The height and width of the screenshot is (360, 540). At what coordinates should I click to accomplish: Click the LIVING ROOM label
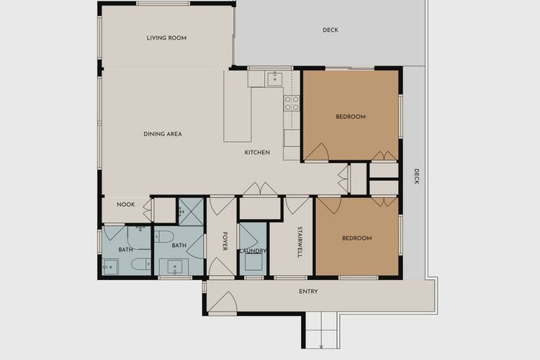pyautogui.click(x=166, y=38)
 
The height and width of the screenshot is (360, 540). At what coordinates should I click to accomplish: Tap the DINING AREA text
pyautogui.click(x=162, y=134)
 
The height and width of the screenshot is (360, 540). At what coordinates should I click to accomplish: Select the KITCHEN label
pyautogui.click(x=257, y=153)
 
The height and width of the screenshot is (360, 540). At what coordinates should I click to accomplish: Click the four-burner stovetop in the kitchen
pyautogui.click(x=292, y=103)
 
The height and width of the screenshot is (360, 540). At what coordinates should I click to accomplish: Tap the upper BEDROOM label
pyautogui.click(x=351, y=117)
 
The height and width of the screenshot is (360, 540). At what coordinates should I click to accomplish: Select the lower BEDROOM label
pyautogui.click(x=356, y=238)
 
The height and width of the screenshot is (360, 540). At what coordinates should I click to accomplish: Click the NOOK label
pyautogui.click(x=126, y=204)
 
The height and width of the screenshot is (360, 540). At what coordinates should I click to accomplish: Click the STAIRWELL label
pyautogui.click(x=299, y=243)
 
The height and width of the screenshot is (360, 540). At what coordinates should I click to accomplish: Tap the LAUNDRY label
pyautogui.click(x=253, y=251)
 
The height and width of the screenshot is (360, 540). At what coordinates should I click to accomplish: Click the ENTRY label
pyautogui.click(x=308, y=292)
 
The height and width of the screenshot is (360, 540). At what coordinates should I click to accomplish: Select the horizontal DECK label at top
pyautogui.click(x=330, y=30)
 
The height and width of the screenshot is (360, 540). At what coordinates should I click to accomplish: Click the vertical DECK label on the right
pyautogui.click(x=415, y=176)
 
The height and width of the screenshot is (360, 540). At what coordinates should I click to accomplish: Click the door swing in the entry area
pyautogui.click(x=226, y=302)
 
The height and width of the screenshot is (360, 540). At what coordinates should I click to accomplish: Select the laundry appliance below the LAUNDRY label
pyautogui.click(x=253, y=263)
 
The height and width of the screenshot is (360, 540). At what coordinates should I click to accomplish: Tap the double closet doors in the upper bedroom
pyautogui.click(x=384, y=156)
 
